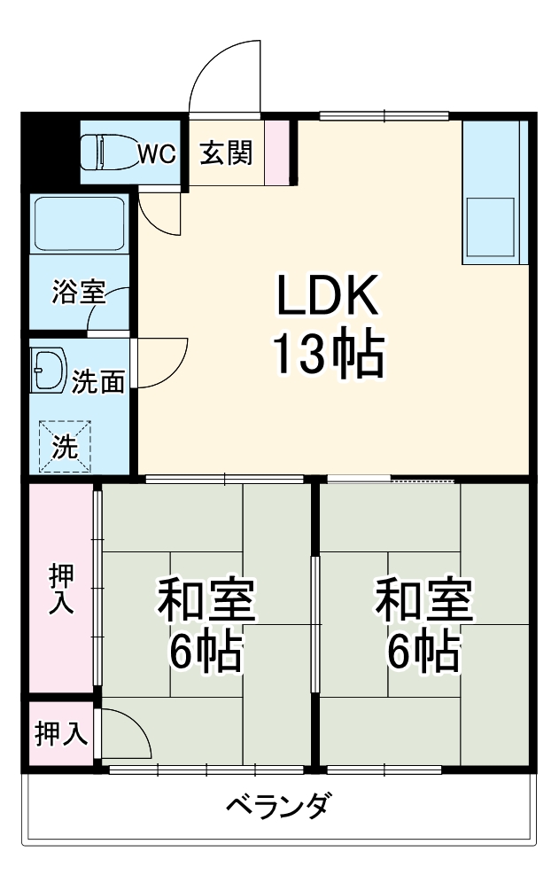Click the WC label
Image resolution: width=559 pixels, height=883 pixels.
pyautogui.click(x=157, y=154)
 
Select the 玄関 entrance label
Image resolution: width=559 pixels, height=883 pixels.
pyautogui.click(x=225, y=153)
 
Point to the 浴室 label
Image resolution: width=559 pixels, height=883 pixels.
pyautogui.click(x=77, y=291)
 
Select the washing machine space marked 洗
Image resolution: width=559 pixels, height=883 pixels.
pyautogui.click(x=64, y=446)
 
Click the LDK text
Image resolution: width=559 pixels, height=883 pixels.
pyautogui.click(x=329, y=297)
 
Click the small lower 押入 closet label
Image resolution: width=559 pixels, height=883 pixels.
pyautogui.click(x=61, y=734)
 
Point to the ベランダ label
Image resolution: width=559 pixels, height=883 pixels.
pyautogui.click(x=279, y=807)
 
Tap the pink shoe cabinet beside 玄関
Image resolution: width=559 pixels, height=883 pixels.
pyautogui.click(x=277, y=152)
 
